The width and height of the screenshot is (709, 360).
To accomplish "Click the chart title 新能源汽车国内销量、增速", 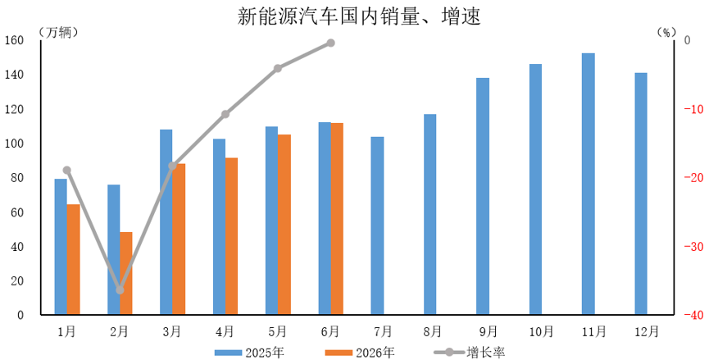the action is click(x=358, y=16).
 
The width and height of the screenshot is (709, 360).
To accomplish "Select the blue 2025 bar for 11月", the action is click(x=589, y=184).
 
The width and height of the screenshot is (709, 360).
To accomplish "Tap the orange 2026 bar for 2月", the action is click(x=126, y=273).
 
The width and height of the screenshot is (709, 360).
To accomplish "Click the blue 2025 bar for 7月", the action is click(x=377, y=226).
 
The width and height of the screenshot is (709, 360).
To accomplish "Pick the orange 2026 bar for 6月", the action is click(x=337, y=218).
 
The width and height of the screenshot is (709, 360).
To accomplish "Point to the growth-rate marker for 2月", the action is click(x=120, y=290).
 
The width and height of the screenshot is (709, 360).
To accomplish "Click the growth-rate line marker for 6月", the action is click(x=330, y=43).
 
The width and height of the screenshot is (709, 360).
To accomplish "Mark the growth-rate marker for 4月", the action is click(x=225, y=114).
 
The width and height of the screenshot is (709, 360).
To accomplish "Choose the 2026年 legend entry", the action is click(x=360, y=353).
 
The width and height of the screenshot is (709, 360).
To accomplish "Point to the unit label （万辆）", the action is click(x=57, y=32).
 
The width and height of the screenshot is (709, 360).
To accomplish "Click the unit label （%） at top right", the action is click(x=666, y=32).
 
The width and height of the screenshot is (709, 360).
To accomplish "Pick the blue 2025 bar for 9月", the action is click(x=483, y=196).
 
